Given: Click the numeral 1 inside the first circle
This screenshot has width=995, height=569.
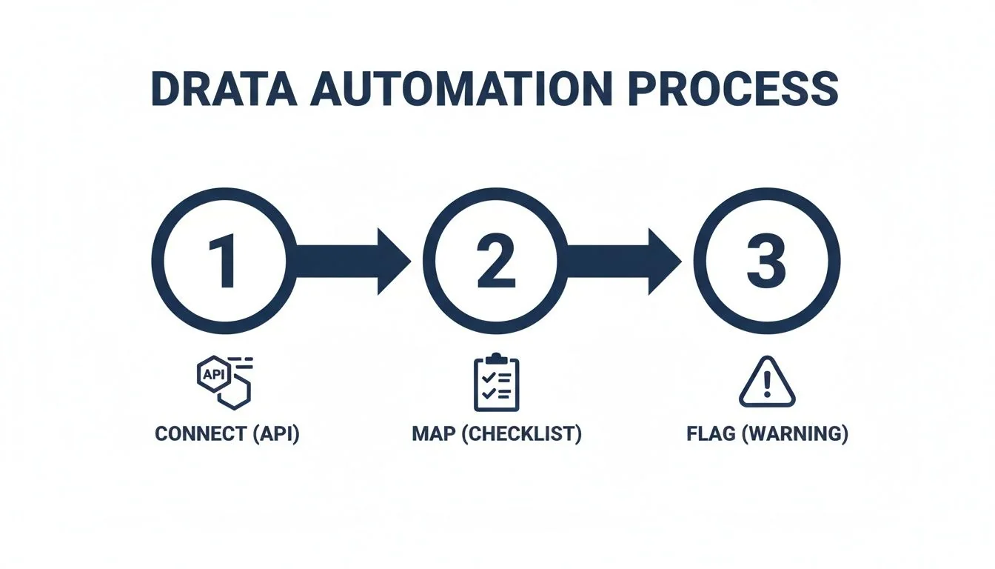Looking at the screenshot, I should (x=223, y=260).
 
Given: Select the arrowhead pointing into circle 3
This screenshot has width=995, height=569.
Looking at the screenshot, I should (x=665, y=260).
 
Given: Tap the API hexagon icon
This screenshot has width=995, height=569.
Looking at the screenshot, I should (x=211, y=373).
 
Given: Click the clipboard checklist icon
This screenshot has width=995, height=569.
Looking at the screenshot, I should (x=496, y=384).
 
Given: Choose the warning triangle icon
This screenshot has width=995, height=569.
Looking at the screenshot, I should (x=767, y=383).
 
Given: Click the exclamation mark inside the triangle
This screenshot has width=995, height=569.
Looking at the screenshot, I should (x=767, y=385).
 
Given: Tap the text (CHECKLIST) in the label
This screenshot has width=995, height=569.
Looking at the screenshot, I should (x=521, y=434).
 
